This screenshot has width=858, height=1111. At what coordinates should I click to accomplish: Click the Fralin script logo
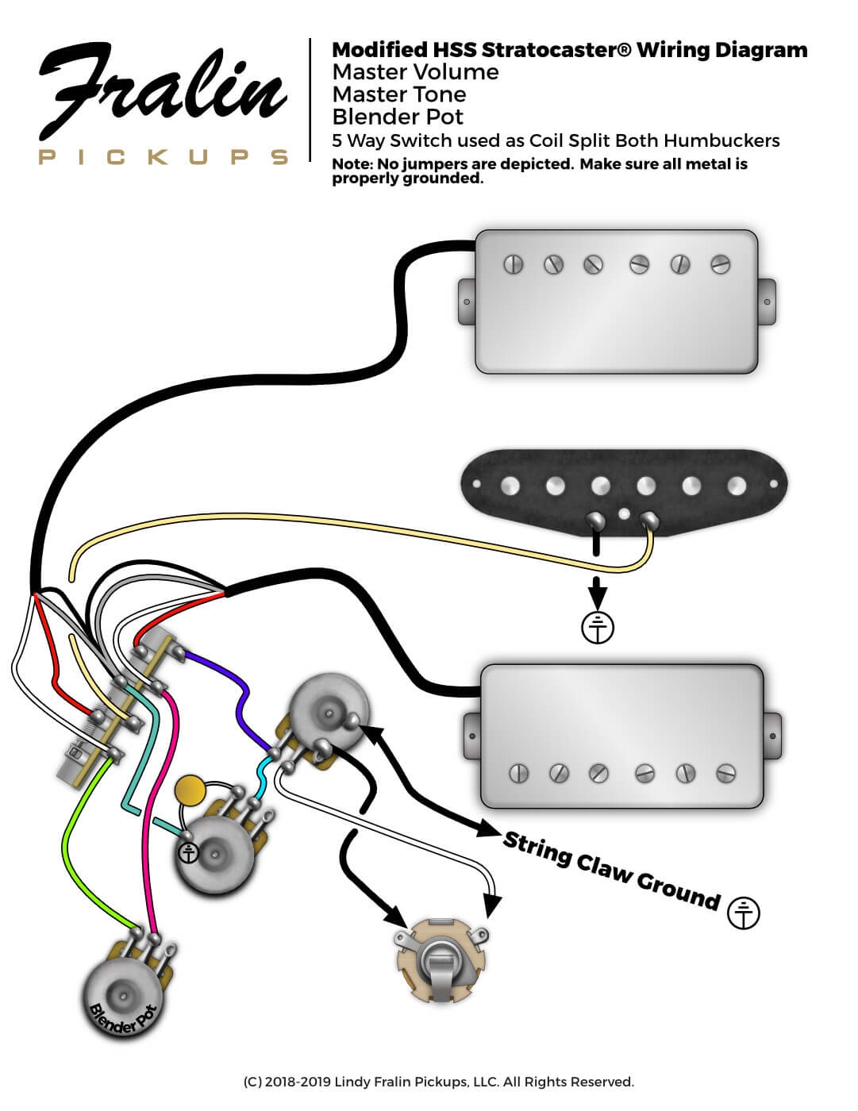point(163,93)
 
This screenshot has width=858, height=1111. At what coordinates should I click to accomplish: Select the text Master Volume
point(415,72)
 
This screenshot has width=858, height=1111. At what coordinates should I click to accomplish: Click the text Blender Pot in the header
point(398,117)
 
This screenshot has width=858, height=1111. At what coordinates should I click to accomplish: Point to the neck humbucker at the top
point(617,302)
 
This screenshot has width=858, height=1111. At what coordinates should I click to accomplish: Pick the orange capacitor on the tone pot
point(190,790)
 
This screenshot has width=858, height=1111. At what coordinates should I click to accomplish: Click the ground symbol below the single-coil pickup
point(598,627)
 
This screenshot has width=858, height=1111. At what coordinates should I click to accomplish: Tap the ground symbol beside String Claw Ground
point(744,913)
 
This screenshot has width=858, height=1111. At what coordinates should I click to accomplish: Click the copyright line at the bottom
point(438,1082)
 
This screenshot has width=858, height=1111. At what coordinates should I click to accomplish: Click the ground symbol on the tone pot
point(188,853)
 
